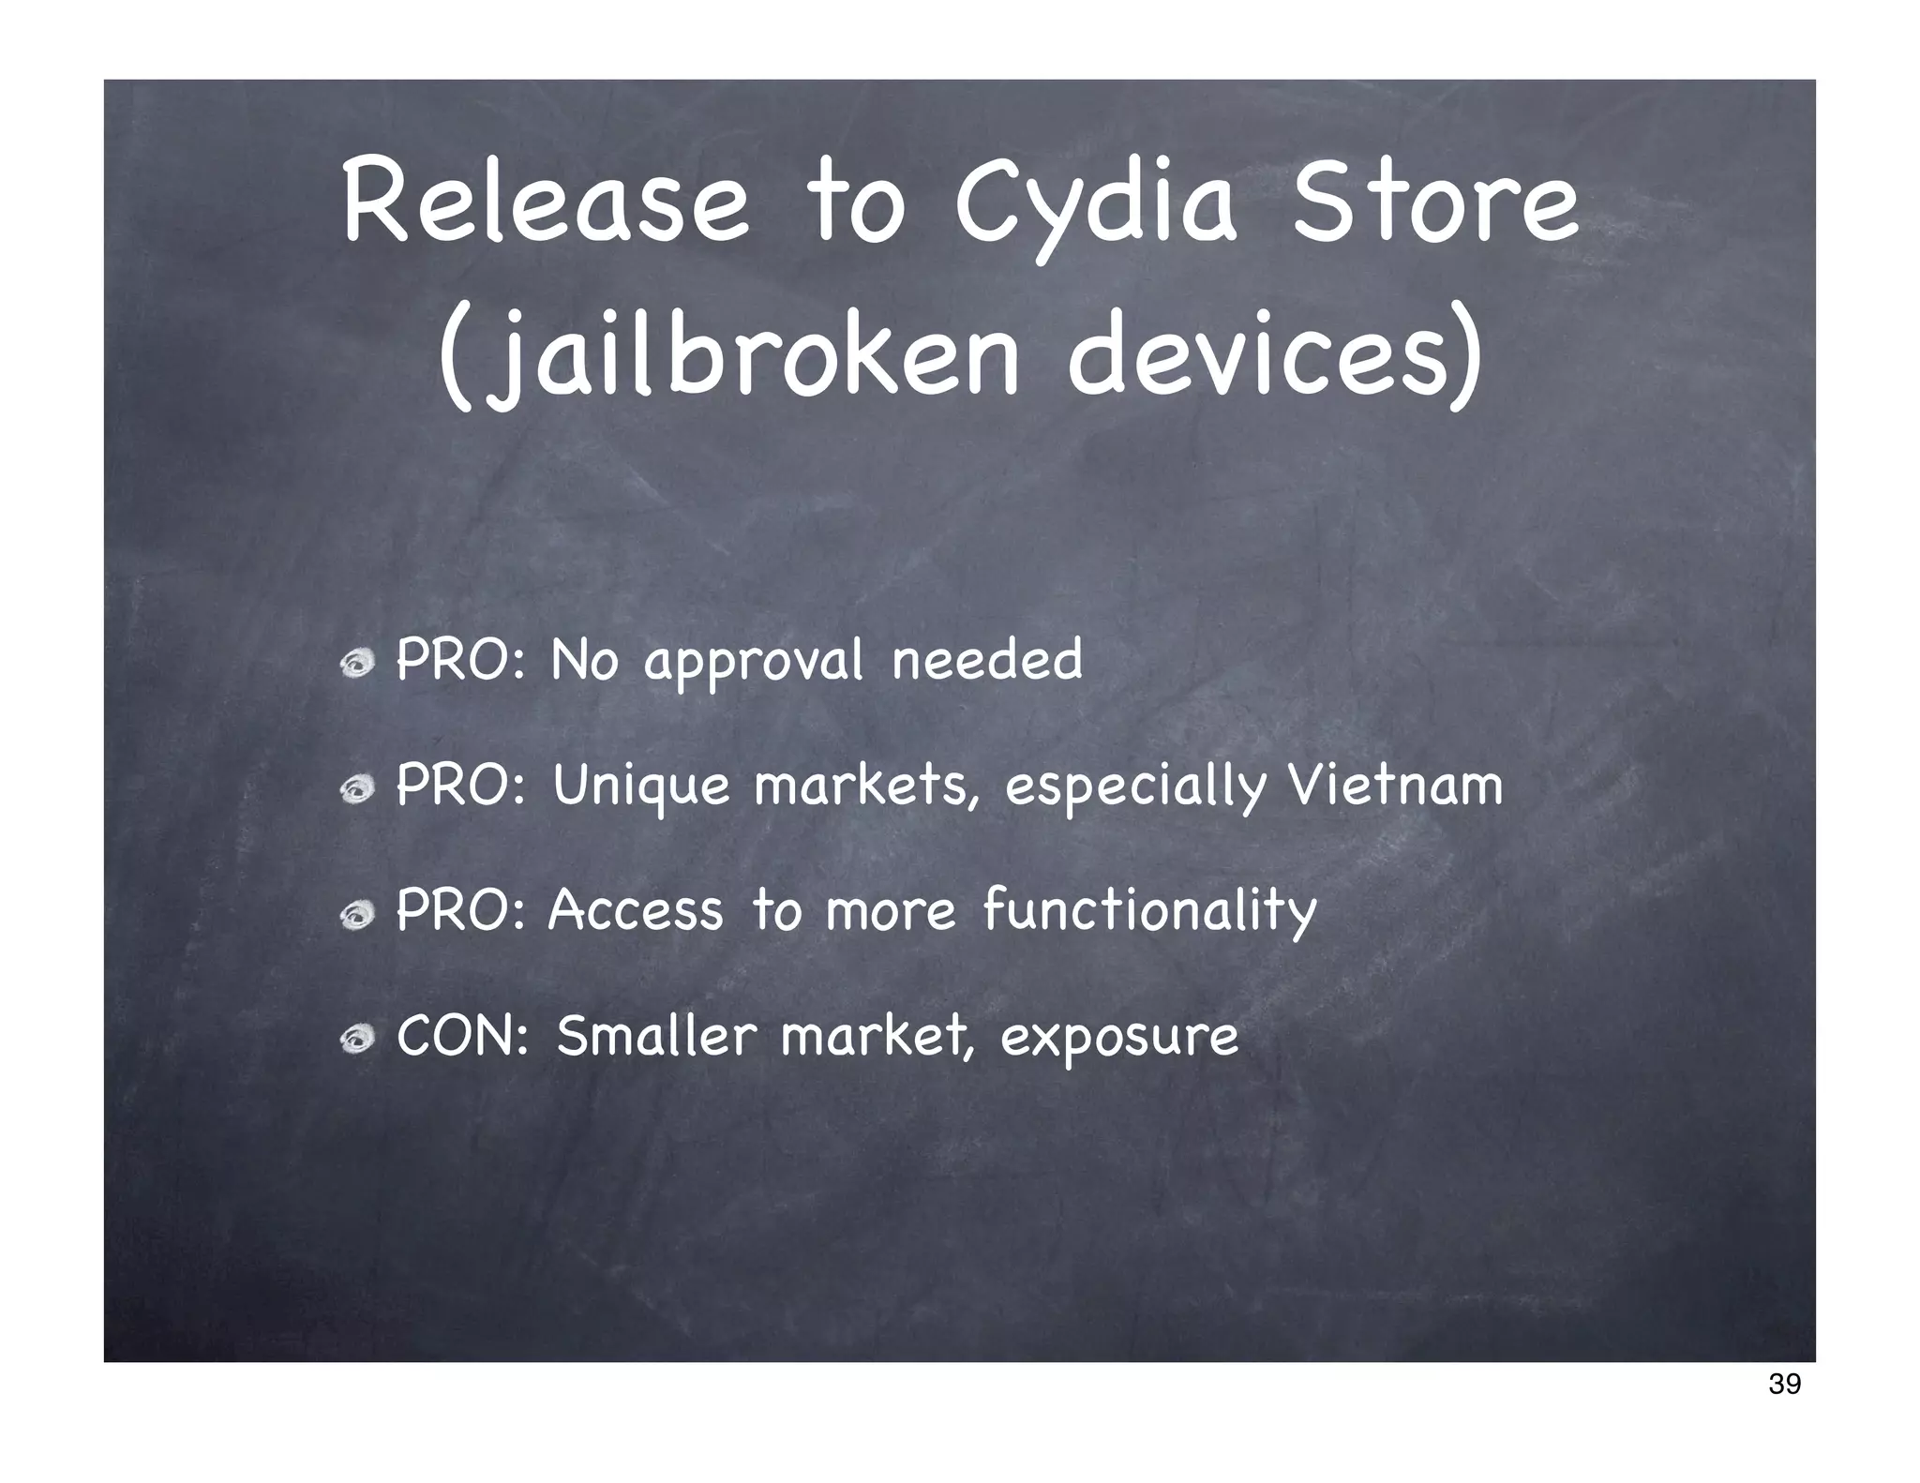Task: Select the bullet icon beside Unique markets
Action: (x=357, y=791)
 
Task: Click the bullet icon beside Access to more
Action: (x=357, y=916)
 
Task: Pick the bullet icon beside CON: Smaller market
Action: (x=357, y=1041)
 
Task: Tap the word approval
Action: (x=753, y=663)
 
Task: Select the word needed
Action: (x=987, y=659)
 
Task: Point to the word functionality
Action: (x=1149, y=912)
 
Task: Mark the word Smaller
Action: (x=656, y=1036)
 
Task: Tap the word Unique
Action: (x=641, y=787)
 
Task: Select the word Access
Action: (x=636, y=910)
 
